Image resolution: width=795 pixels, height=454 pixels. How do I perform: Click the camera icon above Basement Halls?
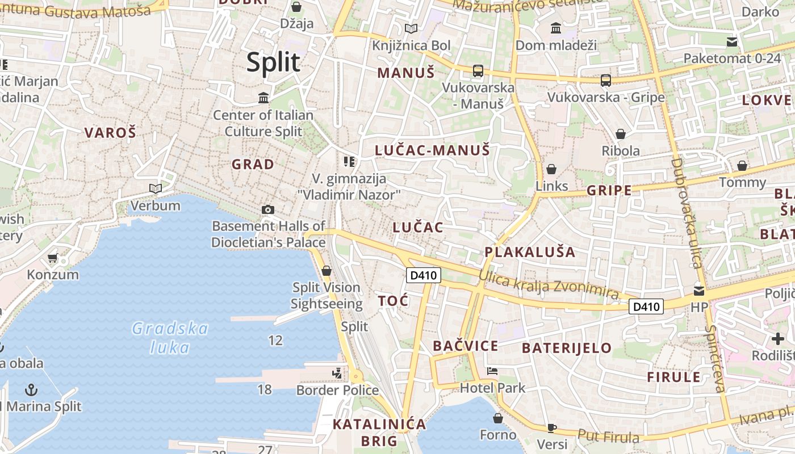pyautogui.click(x=268, y=210)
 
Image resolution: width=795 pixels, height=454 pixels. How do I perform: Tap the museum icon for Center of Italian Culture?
pyautogui.click(x=263, y=98)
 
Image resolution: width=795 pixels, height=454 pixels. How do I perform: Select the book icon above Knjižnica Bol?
pyautogui.click(x=411, y=28)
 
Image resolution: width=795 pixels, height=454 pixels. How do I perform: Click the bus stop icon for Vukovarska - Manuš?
pyautogui.click(x=478, y=71)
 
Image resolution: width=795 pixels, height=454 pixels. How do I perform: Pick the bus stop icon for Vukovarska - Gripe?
pyautogui.click(x=606, y=81)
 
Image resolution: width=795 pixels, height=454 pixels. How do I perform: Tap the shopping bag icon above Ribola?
pyautogui.click(x=621, y=134)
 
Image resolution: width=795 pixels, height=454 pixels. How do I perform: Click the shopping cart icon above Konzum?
pyautogui.click(x=53, y=258)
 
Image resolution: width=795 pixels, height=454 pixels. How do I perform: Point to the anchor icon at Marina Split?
pyautogui.click(x=32, y=389)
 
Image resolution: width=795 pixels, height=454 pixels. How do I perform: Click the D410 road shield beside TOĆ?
pyautogui.click(x=424, y=276)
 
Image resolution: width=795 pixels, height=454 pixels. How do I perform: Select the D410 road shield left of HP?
pyautogui.click(x=646, y=307)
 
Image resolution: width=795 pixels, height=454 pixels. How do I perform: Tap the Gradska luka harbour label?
pyautogui.click(x=170, y=337)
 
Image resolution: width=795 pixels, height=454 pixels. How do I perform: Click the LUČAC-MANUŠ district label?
pyautogui.click(x=432, y=150)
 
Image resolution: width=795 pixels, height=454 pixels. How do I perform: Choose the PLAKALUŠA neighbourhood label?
pyautogui.click(x=530, y=252)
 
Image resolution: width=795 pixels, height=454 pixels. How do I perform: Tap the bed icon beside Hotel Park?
pyautogui.click(x=492, y=371)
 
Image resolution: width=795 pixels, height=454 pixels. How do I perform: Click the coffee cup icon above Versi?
pyautogui.click(x=551, y=428)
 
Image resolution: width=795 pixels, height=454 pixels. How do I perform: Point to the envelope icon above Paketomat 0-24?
pyautogui.click(x=732, y=41)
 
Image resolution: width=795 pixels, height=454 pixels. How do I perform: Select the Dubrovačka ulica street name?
pyautogui.click(x=686, y=213)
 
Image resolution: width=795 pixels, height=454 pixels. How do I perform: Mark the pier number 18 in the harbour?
pyautogui.click(x=265, y=389)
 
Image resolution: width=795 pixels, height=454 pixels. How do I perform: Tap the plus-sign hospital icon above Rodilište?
pyautogui.click(x=778, y=339)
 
